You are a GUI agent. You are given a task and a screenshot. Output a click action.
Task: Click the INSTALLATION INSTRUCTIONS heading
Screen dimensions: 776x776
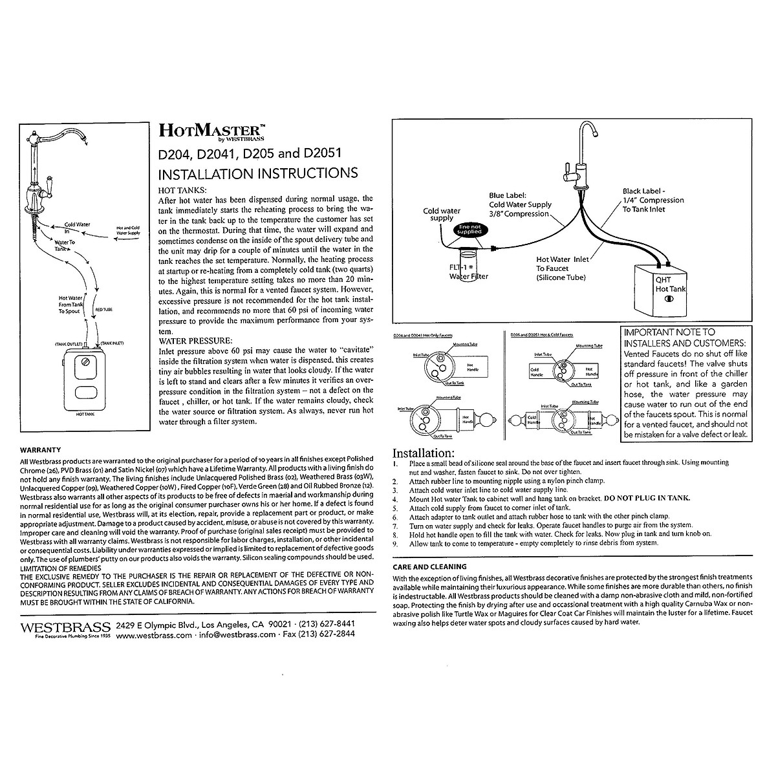coord(258,173)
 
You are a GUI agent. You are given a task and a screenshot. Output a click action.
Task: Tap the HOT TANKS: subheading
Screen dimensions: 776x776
coord(183,190)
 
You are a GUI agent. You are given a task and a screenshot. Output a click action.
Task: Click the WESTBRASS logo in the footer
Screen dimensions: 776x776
coord(64,628)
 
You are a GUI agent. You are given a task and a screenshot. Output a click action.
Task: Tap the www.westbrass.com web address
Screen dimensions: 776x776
coord(155,635)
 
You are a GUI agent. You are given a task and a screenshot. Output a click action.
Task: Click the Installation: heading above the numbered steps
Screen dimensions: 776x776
coord(424,453)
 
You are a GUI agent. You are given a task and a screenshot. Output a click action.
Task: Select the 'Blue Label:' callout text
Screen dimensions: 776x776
coord(509,195)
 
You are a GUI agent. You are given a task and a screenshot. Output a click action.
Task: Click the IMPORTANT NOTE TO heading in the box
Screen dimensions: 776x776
coord(669,332)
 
